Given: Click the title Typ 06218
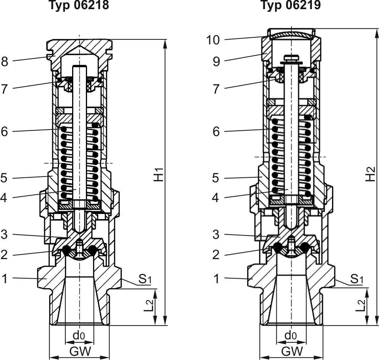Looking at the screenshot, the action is click(x=79, y=5).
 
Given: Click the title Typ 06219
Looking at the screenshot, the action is click(x=291, y=5).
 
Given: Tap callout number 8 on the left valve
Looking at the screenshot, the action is click(x=5, y=62).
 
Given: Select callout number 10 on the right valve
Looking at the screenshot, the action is click(x=213, y=40).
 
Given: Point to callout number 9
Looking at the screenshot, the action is click(x=216, y=62).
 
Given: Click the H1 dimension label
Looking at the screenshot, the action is click(x=159, y=174).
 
